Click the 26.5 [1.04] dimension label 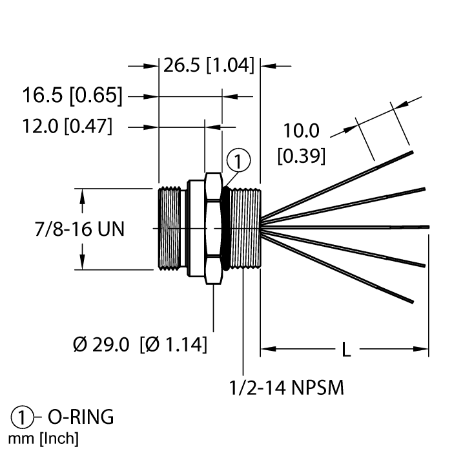click(208, 66)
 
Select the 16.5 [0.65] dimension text click(72, 96)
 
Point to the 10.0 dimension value click(301, 131)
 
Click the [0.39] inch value click(301, 156)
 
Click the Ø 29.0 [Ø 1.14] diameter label click(140, 345)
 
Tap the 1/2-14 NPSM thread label click(286, 389)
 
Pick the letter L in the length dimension click(346, 350)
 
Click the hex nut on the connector click(213, 228)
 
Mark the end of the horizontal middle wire click(427, 227)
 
